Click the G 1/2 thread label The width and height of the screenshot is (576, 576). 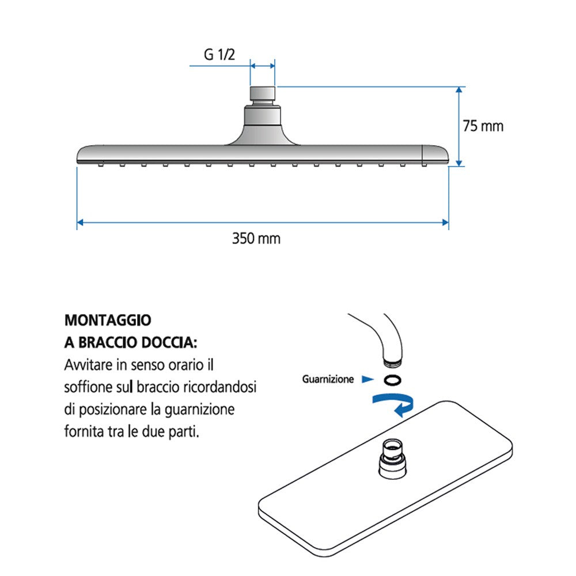point(219,55)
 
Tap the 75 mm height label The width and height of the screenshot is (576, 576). point(483,126)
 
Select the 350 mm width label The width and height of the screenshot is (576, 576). point(256,238)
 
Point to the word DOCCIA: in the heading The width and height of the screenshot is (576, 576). point(169,343)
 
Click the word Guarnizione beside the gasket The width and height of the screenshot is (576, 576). point(328,380)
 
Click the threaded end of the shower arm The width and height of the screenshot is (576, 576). point(392,361)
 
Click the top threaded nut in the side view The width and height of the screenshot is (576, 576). point(263,94)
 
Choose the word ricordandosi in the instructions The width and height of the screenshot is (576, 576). point(224,387)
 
